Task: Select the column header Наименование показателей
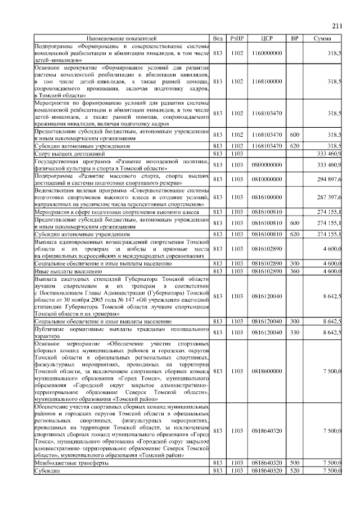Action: coord(121,38)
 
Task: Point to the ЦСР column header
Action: coord(267,38)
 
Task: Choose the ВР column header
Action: coord(294,38)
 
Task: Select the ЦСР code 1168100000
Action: coord(267,82)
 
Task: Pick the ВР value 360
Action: coord(294,271)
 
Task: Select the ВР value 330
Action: coord(294,333)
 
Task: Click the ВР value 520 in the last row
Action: coord(294,470)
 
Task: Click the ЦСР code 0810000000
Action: coord(267,180)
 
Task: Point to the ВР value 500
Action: coord(294,463)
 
